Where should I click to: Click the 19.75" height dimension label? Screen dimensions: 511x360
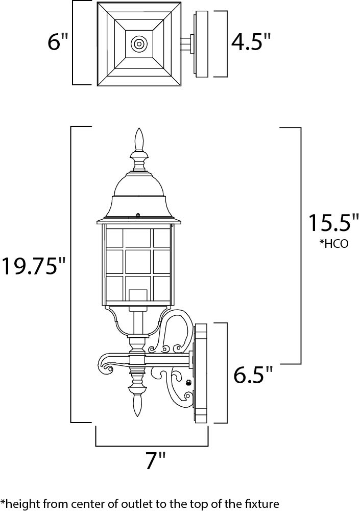[34, 266]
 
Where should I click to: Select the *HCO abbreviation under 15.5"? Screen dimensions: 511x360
[334, 244]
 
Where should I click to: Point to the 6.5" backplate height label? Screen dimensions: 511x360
[253, 376]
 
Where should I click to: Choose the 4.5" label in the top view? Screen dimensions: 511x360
[250, 42]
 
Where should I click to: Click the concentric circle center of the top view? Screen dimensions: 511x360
[138, 43]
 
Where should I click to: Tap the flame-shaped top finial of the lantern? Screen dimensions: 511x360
[139, 140]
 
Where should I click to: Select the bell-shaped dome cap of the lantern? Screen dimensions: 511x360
[139, 187]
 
